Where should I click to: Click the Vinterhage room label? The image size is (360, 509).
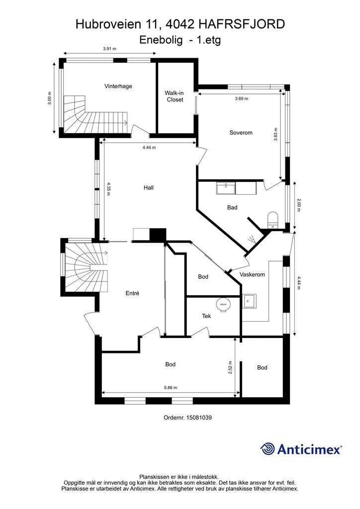point(118,86)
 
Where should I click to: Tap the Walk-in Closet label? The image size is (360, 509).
point(175,96)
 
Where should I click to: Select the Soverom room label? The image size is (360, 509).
point(241,132)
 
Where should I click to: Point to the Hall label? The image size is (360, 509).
point(149,187)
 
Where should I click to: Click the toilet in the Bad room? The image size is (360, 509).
point(272,220)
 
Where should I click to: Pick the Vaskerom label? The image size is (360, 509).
point(252,274)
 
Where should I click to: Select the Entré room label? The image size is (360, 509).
point(132,293)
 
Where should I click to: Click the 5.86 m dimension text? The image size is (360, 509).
point(171,387)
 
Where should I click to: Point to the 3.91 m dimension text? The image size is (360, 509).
point(109,49)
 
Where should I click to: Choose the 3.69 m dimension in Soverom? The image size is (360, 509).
point(242,98)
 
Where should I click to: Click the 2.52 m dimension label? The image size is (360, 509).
point(230,367)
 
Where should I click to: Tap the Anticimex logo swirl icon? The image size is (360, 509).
point(268,449)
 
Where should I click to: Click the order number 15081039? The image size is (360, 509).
point(199,418)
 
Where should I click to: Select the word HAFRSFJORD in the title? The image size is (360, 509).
point(241,24)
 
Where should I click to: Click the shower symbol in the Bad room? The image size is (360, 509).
point(252,240)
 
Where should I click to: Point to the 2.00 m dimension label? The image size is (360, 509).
point(299,205)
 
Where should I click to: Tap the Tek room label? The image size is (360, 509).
point(206,316)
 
